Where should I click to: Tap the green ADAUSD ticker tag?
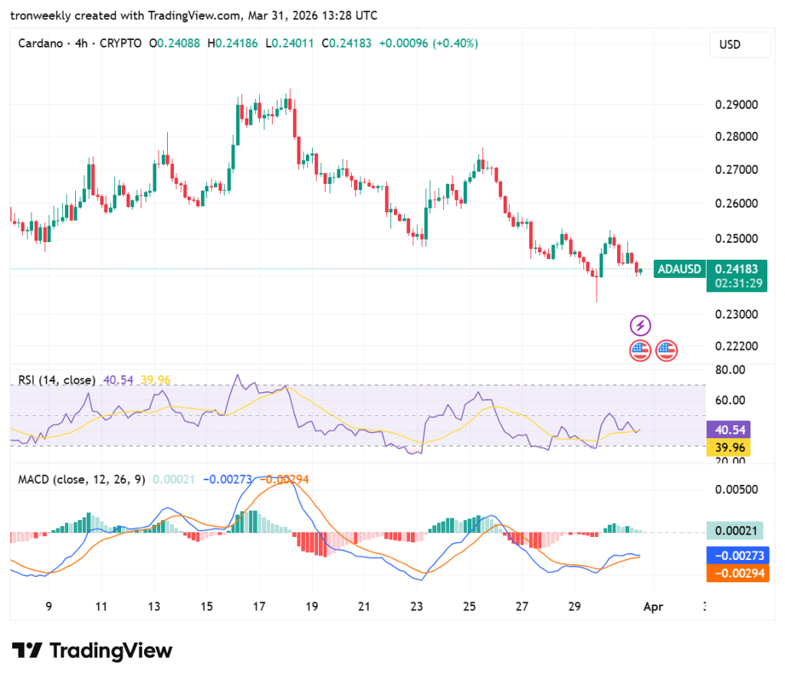679,269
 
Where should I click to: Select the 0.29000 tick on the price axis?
736,104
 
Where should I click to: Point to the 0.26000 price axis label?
736,204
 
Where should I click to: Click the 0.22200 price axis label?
736,346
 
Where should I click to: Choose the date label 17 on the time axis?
259,606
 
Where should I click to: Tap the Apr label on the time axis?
653,606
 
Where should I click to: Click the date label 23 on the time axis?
417,606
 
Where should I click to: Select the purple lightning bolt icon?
640,325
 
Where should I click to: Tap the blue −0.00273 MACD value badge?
736,555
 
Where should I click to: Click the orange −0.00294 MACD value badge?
736,573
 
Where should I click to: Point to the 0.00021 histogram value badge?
736,531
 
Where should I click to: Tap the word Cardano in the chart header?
40,44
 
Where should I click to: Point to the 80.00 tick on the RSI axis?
729,370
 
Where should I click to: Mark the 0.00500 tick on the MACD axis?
736,489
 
